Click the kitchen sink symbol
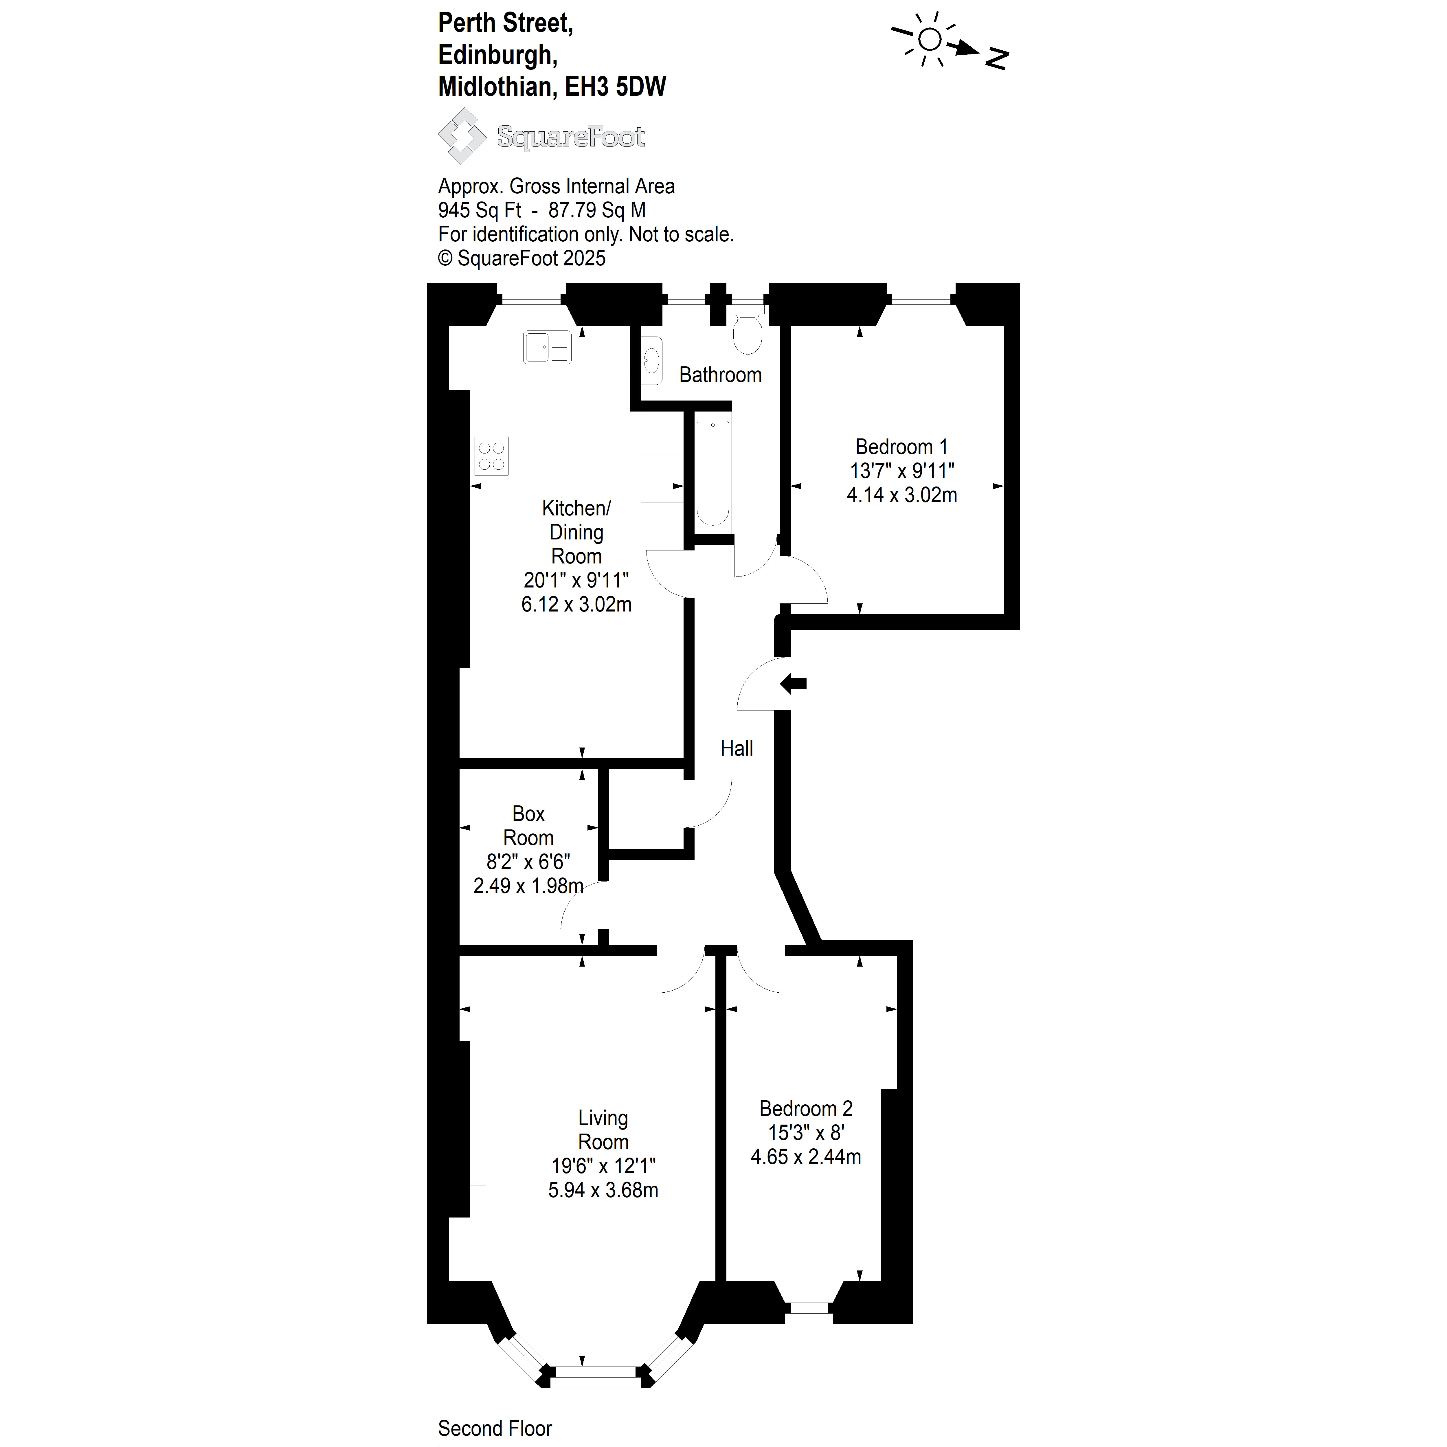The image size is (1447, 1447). [x=547, y=348]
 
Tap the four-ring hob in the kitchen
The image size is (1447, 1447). [x=491, y=456]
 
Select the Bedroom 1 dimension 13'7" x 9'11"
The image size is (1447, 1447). [x=902, y=471]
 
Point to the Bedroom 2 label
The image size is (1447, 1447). [x=806, y=1108]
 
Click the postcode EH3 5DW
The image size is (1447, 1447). [x=615, y=87]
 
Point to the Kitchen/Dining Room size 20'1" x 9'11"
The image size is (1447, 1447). [x=576, y=581]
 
